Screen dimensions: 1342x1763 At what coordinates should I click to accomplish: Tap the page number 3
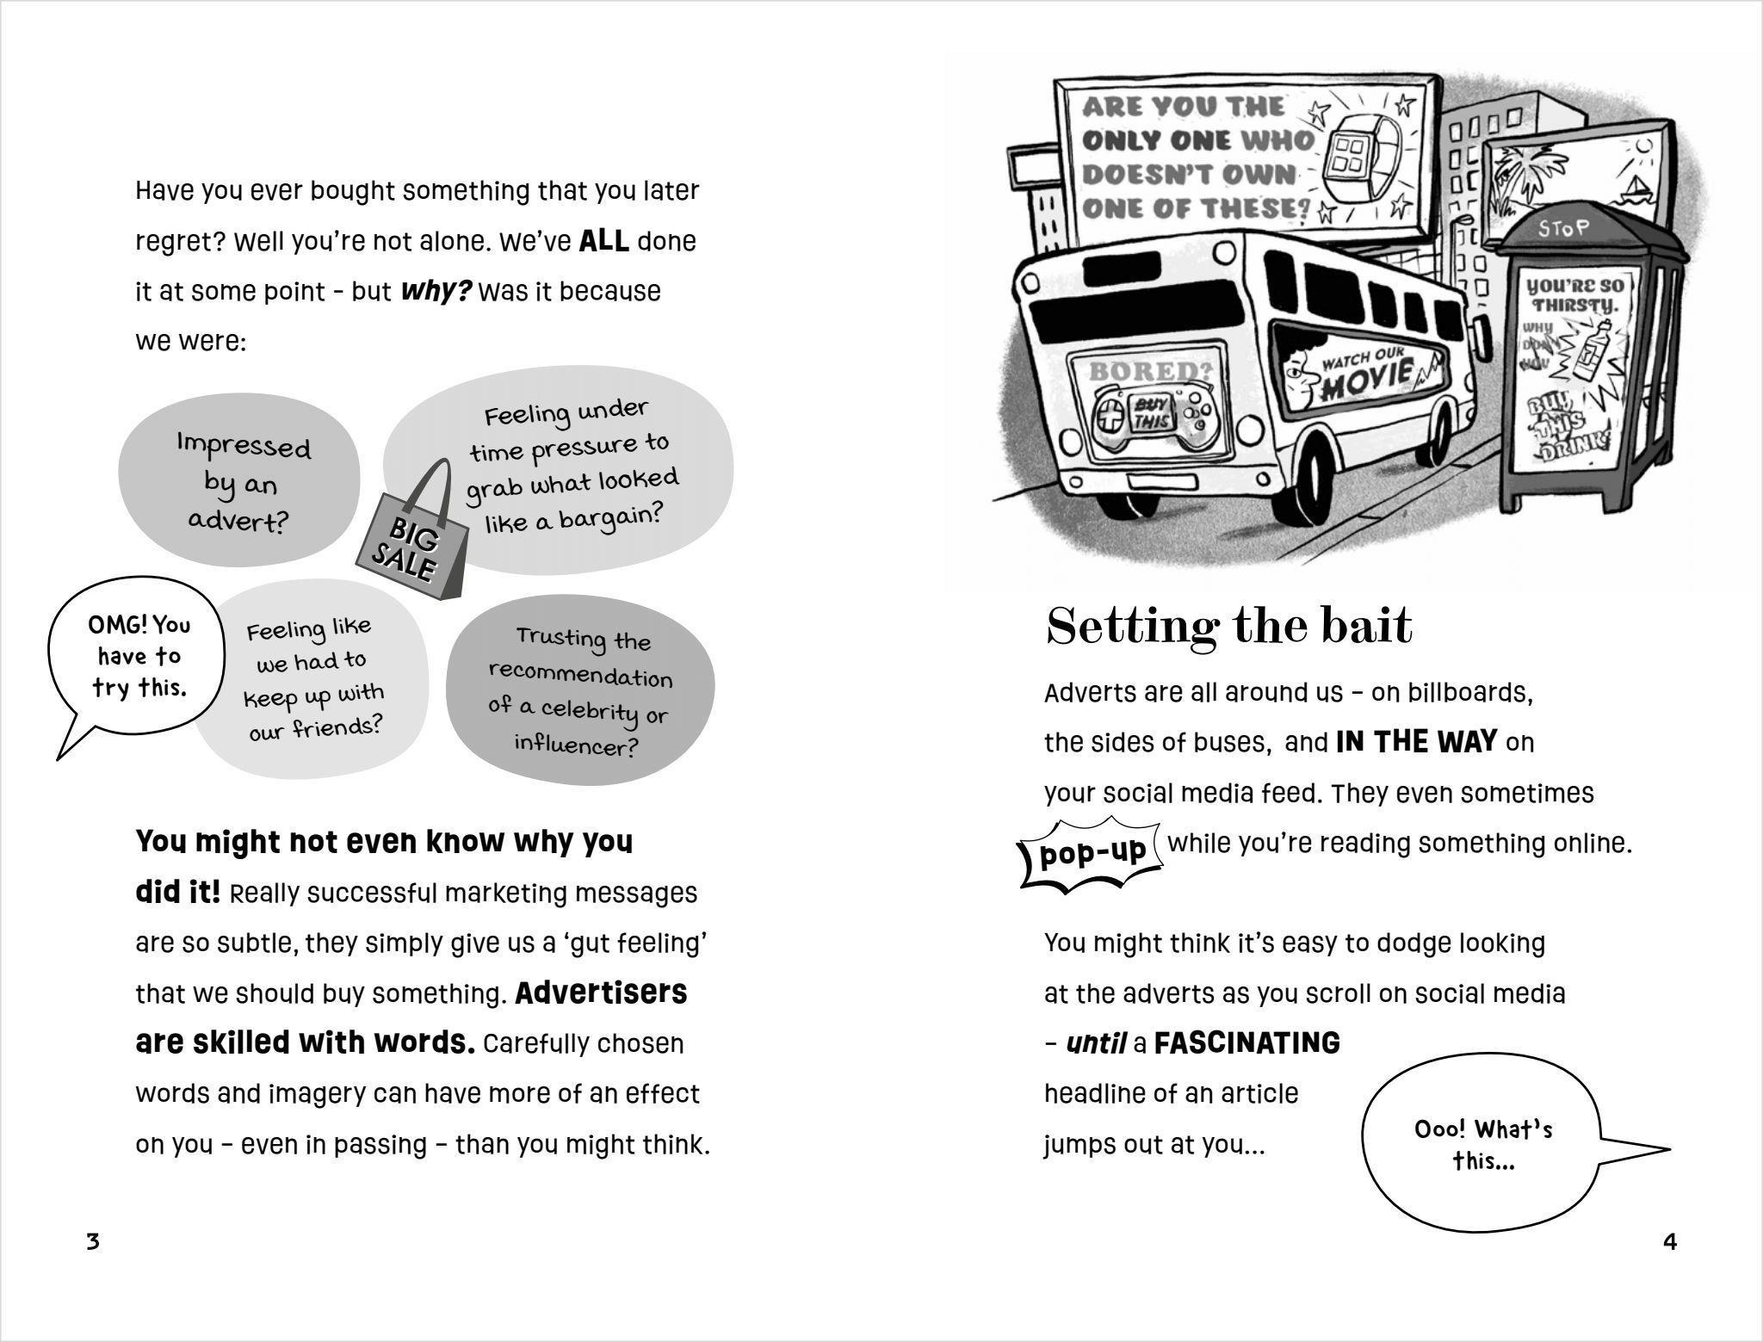point(93,1241)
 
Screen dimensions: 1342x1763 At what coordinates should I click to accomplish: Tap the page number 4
point(1670,1241)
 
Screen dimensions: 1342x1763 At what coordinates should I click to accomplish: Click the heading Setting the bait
point(1228,626)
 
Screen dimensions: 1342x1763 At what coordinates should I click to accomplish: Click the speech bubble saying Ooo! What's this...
point(1482,1146)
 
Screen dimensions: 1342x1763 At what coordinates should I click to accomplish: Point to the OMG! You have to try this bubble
point(138,657)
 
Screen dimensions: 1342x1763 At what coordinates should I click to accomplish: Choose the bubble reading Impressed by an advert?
point(241,482)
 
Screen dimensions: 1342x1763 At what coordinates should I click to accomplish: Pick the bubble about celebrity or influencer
point(580,691)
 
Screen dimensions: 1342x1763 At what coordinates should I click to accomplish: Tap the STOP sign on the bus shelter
point(1563,228)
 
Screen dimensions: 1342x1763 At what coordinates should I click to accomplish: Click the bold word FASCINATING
point(1246,1043)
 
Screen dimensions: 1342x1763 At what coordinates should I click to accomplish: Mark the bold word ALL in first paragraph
point(603,241)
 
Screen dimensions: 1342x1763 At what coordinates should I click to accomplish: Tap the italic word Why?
point(436,291)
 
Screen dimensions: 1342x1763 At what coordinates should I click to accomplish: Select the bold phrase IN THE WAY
point(1416,742)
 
